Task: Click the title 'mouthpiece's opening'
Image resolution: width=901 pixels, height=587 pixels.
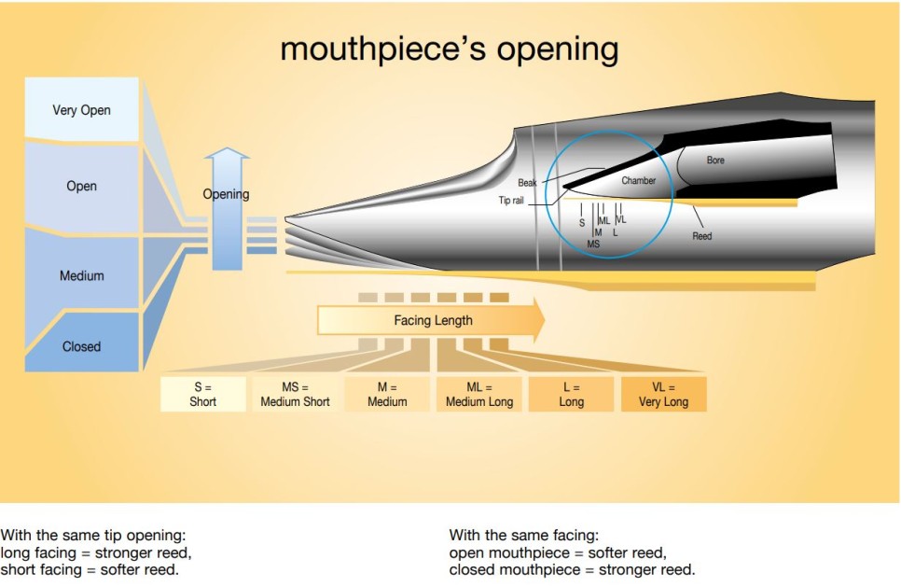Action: [449, 48]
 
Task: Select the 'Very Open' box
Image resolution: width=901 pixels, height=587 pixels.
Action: [81, 110]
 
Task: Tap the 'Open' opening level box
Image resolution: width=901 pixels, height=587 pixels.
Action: [81, 186]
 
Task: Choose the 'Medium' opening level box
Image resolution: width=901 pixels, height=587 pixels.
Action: [81, 275]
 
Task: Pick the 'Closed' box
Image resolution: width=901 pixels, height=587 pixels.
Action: [81, 346]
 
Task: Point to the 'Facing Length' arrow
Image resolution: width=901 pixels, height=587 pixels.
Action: [432, 320]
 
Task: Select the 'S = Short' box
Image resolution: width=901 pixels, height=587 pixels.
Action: [202, 394]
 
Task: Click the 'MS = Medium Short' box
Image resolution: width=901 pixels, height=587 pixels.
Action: [294, 394]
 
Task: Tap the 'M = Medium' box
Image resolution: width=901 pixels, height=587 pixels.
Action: [387, 394]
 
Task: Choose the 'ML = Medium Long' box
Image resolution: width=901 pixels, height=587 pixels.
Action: [478, 394]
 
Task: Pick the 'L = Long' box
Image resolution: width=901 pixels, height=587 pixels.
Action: [571, 394]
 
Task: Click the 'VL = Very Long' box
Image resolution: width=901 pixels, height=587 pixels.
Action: [663, 394]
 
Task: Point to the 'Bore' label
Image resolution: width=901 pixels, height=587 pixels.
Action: [715, 161]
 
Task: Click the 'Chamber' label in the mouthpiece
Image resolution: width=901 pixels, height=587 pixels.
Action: [638, 180]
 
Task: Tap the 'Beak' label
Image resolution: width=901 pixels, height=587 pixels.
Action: [527, 183]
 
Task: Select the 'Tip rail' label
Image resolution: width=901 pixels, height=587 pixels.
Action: [511, 200]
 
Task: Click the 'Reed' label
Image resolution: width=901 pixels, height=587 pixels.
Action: [701, 236]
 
